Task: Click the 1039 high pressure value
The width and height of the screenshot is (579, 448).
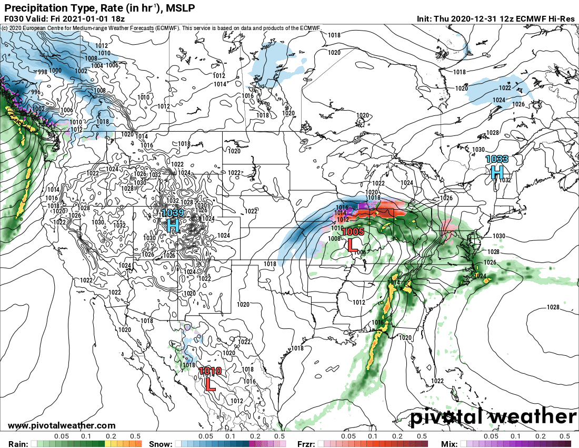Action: point(173,213)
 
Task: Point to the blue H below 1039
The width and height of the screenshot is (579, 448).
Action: point(173,226)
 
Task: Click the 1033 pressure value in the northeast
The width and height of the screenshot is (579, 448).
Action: point(497,159)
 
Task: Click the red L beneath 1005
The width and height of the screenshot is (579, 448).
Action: point(352,245)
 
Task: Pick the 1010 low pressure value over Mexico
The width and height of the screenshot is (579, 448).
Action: point(210,371)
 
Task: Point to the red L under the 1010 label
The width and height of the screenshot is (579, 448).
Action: point(210,384)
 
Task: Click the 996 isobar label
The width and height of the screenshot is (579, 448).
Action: point(21,92)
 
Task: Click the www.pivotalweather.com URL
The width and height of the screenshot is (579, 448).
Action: point(62,425)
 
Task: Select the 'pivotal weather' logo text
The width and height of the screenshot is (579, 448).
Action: point(493,417)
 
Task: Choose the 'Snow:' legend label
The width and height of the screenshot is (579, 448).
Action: point(161,443)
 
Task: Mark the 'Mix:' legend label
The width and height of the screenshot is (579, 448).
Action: point(453,443)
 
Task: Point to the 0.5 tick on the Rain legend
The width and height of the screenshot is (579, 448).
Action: point(136,436)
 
